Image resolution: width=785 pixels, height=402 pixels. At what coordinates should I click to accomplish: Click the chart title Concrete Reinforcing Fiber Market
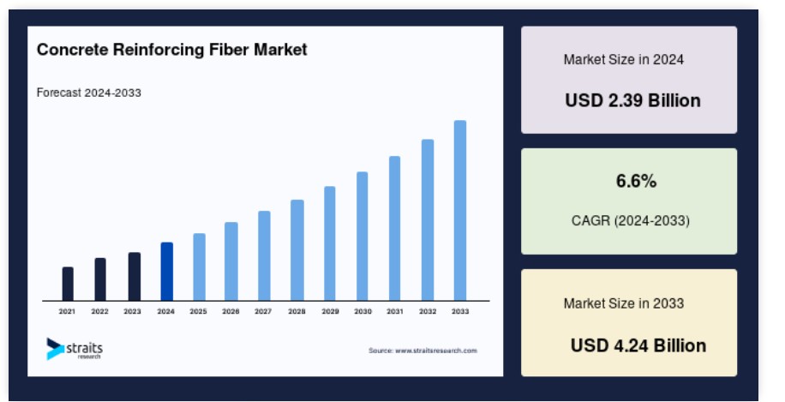[x=171, y=50]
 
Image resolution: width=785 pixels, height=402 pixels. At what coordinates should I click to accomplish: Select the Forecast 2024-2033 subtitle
[x=88, y=93]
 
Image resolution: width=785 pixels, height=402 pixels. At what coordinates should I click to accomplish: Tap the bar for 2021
[x=68, y=284]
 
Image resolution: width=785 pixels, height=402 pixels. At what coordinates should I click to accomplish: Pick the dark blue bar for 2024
[x=166, y=271]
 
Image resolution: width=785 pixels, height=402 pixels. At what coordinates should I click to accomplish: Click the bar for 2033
[x=460, y=210]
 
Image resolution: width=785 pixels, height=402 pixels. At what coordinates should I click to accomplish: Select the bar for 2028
[x=297, y=249]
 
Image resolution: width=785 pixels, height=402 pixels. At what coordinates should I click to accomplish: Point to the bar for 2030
[x=363, y=236]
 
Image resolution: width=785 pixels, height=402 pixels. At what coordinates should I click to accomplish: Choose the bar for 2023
[x=134, y=276]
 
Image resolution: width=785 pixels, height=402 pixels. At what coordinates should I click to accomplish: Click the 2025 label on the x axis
[x=198, y=311]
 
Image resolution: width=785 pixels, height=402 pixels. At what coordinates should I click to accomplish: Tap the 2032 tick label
[x=428, y=311]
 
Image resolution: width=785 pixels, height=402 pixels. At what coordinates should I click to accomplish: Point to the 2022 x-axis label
[x=100, y=311]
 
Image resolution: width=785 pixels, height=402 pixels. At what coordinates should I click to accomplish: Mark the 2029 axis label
[x=330, y=311]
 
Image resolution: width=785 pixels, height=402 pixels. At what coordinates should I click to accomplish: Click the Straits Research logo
[x=75, y=348]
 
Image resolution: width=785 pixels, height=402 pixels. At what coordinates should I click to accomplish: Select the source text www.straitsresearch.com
[x=422, y=351]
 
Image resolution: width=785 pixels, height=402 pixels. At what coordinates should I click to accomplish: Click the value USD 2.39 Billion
[x=632, y=100]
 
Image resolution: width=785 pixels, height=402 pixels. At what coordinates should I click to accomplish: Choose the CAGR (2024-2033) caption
[x=630, y=220]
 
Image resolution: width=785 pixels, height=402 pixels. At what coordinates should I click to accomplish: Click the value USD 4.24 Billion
[x=638, y=345]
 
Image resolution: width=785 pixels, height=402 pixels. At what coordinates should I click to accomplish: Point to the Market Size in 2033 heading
[x=623, y=303]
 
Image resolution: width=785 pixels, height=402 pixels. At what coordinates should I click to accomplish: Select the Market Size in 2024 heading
[x=623, y=60]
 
